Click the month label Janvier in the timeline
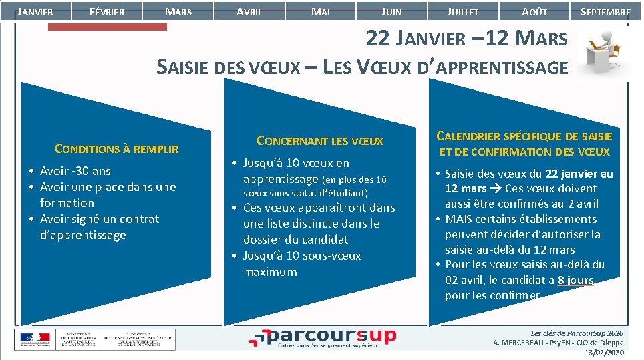[35, 11]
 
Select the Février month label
[107, 11]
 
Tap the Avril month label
[249, 11]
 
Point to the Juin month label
[391, 11]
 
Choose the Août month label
[534, 11]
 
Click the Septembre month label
[605, 11]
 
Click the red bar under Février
[108, 27]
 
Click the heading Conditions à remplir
[116, 149]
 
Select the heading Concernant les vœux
[320, 141]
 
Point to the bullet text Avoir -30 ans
[75, 171]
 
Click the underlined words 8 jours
[575, 281]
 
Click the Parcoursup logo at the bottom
[322, 337]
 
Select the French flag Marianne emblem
[33, 338]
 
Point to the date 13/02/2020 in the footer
[604, 353]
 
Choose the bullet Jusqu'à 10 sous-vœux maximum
[302, 264]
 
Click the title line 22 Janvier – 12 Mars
[466, 39]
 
